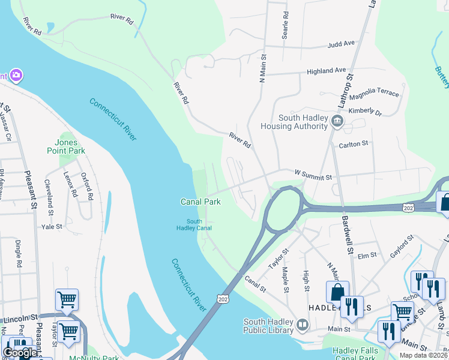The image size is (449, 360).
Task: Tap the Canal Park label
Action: (x=199, y=201)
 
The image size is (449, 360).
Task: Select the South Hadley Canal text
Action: (x=194, y=224)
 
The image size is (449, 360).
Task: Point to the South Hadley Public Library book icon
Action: (x=303, y=326)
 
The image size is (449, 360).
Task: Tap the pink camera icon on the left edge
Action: (x=16, y=76)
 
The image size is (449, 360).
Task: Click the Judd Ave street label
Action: (x=342, y=44)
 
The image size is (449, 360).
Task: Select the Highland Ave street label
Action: (x=327, y=71)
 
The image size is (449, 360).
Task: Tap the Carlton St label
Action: (x=353, y=144)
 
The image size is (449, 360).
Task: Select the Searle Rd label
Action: (x=286, y=24)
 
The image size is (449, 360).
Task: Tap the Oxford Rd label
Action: (x=88, y=187)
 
